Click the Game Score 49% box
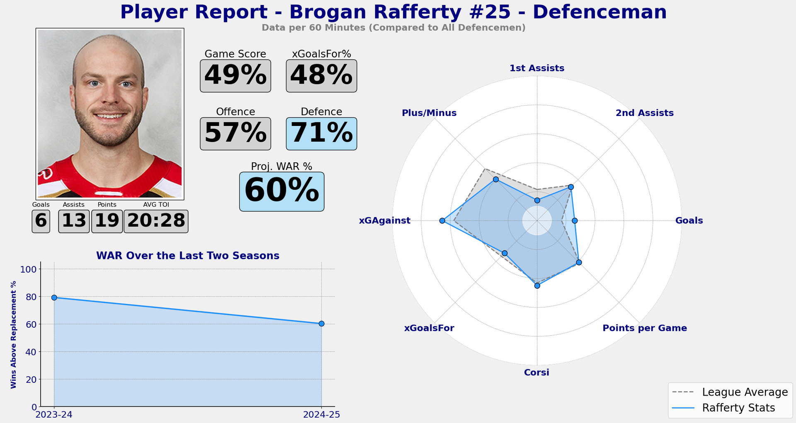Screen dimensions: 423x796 tap(235, 76)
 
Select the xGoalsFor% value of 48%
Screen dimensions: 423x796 tap(321, 76)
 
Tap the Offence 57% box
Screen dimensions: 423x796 tap(235, 133)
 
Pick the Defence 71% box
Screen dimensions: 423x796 tap(321, 133)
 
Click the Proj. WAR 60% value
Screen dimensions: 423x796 tap(282, 191)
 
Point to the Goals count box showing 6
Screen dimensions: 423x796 tap(41, 221)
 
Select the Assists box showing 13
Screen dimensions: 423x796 tap(74, 221)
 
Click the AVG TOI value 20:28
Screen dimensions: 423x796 tap(156, 221)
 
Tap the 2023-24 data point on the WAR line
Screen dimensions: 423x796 tap(54, 297)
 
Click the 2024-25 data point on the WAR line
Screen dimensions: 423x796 tap(321, 324)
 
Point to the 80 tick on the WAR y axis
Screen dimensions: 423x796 tap(31, 297)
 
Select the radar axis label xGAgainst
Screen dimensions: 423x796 tap(384, 221)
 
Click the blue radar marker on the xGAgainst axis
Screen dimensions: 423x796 tap(442, 221)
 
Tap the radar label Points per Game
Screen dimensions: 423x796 tap(644, 328)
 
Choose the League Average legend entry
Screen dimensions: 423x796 tap(730, 392)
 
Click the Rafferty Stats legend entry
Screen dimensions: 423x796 tap(730, 408)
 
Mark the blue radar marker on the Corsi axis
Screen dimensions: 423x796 tap(537, 286)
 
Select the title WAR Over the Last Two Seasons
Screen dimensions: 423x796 tap(187, 256)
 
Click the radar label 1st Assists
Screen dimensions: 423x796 tap(537, 68)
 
